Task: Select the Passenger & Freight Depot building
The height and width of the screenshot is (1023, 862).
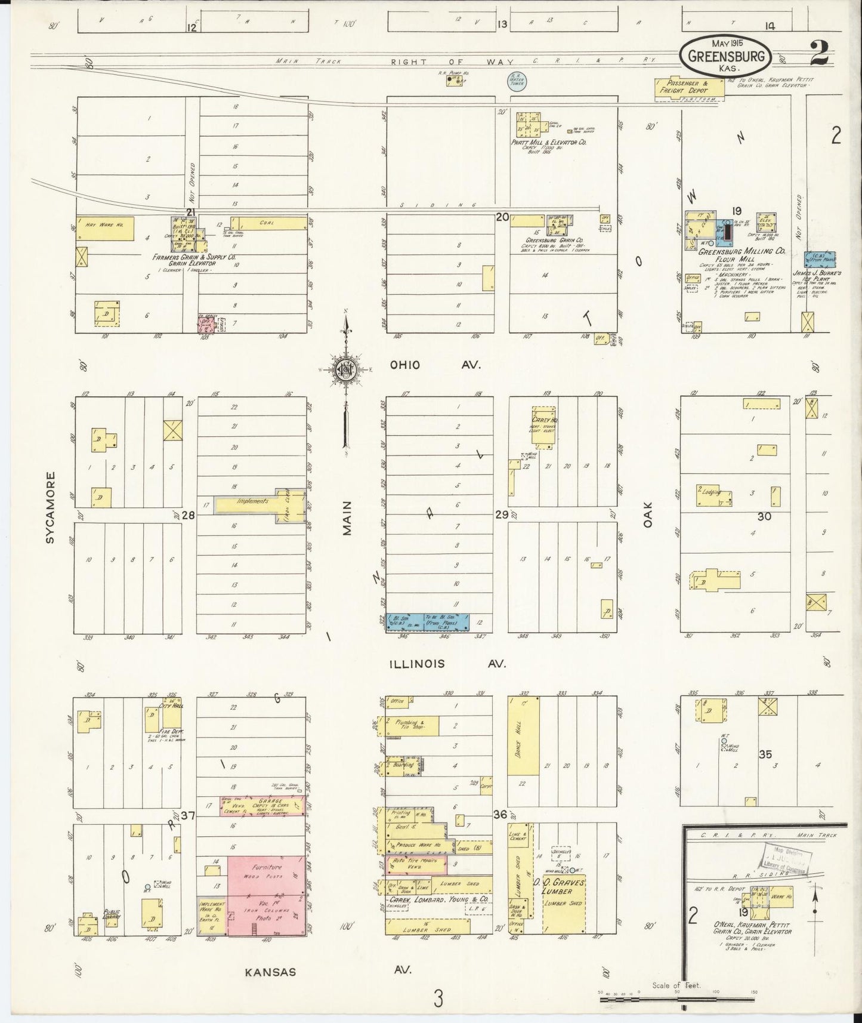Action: tap(690, 85)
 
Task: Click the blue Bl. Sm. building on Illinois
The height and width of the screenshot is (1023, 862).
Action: tap(424, 621)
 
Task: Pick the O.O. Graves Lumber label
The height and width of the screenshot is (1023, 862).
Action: tap(564, 886)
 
